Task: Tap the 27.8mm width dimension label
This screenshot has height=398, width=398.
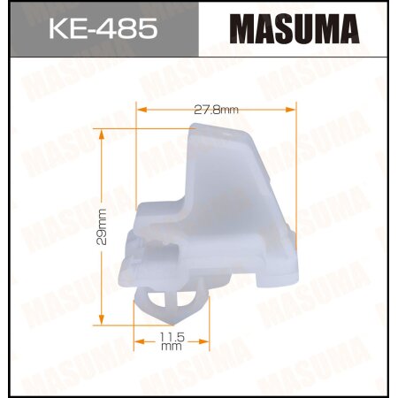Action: click(216, 110)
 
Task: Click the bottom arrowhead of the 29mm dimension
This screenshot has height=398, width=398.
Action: click(103, 318)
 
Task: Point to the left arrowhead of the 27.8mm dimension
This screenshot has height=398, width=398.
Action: click(140, 110)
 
